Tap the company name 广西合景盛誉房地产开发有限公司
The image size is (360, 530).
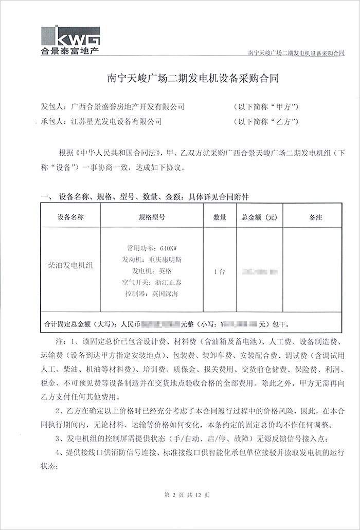pos(125,106)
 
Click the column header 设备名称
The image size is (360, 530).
pos(70,217)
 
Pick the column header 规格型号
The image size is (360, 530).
pos(152,217)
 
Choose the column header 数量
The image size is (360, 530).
pos(219,217)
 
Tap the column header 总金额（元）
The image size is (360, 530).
pos(259,217)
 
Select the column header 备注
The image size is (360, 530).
pos(316,217)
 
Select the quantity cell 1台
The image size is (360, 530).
pos(219,271)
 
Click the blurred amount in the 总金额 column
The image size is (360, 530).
pos(259,270)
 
